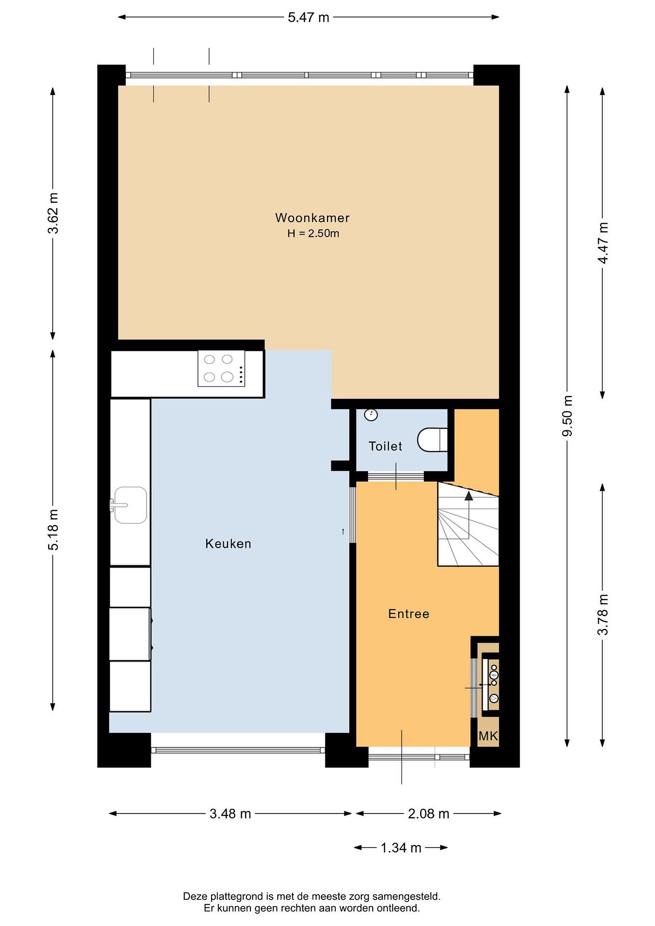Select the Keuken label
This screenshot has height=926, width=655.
click(228, 544)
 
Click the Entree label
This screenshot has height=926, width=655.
click(409, 614)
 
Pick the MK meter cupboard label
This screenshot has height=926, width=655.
click(488, 736)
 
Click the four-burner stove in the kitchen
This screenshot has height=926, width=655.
click(221, 368)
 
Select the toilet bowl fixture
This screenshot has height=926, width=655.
click(432, 440)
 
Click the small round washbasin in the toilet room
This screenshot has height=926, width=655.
click(371, 415)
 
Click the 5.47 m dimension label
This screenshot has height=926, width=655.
click(309, 17)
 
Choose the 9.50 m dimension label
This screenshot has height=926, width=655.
click(567, 416)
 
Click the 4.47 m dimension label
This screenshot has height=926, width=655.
click(603, 243)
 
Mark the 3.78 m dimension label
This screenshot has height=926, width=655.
click(603, 614)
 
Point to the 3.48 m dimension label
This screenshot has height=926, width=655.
click(230, 814)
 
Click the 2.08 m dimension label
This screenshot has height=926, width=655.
click(428, 814)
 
